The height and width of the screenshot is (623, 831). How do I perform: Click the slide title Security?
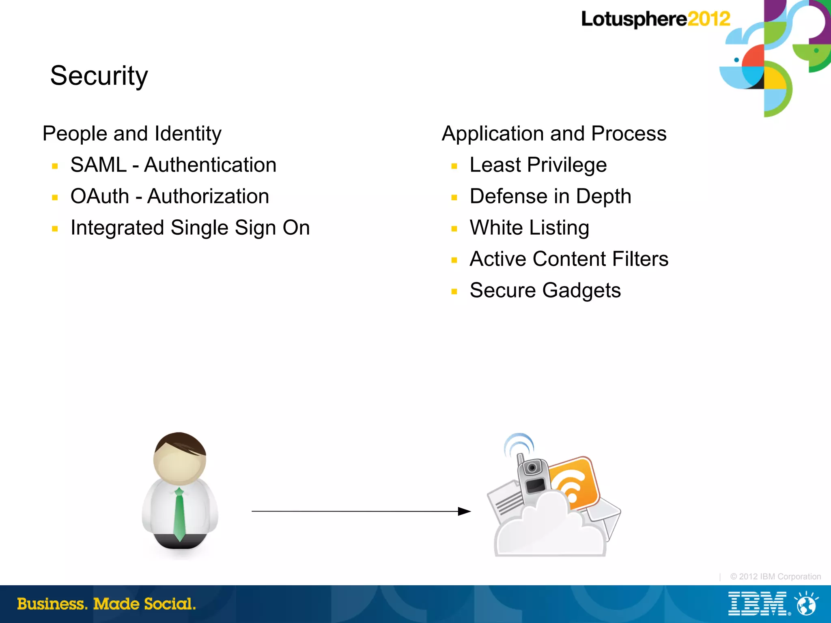[99, 76]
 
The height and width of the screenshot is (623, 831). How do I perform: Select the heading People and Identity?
[132, 134]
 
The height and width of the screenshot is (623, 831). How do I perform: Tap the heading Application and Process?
[554, 134]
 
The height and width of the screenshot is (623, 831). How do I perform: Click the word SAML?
[99, 165]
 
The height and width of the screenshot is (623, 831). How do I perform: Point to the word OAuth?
[100, 197]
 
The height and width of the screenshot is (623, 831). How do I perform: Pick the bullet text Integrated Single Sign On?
[190, 228]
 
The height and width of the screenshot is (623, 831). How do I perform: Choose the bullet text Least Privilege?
[538, 165]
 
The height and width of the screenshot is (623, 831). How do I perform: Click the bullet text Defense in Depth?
[550, 197]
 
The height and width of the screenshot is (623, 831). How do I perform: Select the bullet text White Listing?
[529, 228]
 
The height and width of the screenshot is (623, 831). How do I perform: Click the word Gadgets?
[581, 291]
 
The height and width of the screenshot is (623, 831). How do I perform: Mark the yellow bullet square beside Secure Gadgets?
[454, 291]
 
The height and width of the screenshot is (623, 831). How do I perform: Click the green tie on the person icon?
[179, 515]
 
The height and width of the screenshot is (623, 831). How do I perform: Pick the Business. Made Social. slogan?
[106, 604]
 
